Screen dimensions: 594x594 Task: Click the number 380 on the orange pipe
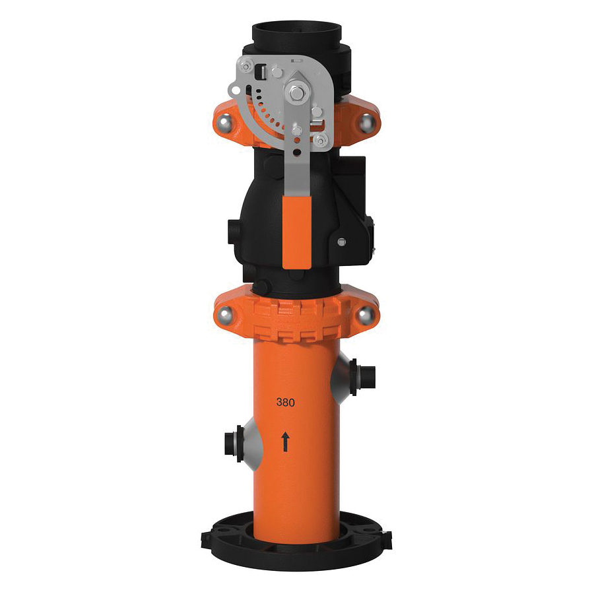pyautogui.click(x=285, y=403)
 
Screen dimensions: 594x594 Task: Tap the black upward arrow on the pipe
pyautogui.click(x=285, y=442)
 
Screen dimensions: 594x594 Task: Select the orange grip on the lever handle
pyautogui.click(x=297, y=232)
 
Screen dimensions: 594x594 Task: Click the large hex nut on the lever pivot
pyautogui.click(x=298, y=93)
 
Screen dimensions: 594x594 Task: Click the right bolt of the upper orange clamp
pyautogui.click(x=366, y=123)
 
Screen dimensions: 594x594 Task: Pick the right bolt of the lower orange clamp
pyautogui.click(x=365, y=314)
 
